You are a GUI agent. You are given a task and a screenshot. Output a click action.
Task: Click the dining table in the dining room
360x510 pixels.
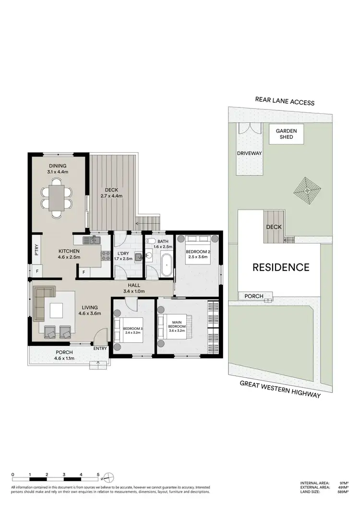coord(57,197)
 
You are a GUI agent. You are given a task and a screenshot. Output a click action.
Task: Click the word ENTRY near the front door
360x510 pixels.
coord(100,349)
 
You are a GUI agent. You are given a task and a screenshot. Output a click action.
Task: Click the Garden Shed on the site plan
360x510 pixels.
coord(286,134)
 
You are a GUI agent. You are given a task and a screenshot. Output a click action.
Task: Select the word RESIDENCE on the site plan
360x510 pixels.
coord(281,267)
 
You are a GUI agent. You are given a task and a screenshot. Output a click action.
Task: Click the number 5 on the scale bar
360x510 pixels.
coord(98,474)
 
